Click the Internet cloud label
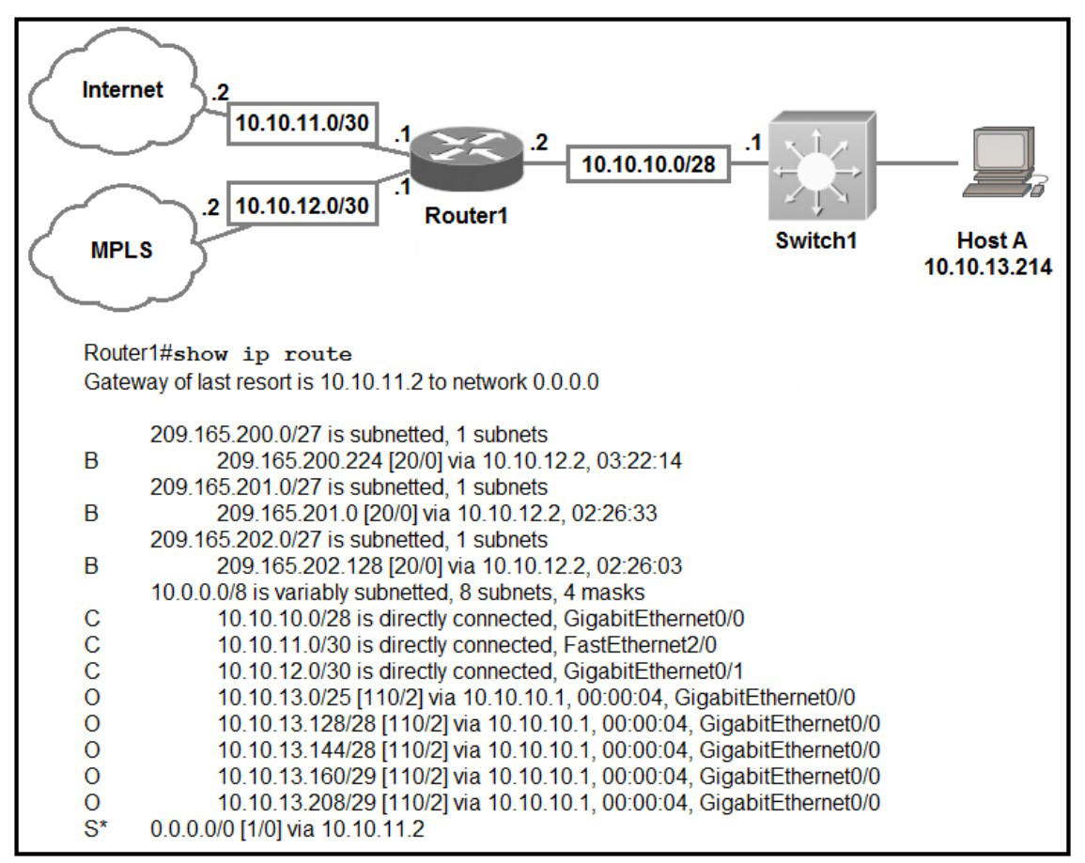click(x=122, y=90)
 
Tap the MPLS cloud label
click(x=122, y=250)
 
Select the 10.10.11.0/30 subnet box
click(x=302, y=123)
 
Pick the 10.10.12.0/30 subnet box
click(x=302, y=206)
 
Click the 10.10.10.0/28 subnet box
click(x=648, y=164)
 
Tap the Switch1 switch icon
click(x=821, y=166)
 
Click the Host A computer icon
click(x=1002, y=162)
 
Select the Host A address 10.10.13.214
click(x=988, y=267)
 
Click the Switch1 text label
click(x=816, y=240)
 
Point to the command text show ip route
click(x=262, y=355)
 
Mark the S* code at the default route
click(x=96, y=828)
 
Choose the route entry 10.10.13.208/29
click(x=297, y=802)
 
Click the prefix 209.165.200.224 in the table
click(x=300, y=460)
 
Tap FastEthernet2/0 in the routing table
click(x=640, y=644)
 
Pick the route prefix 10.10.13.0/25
click(x=285, y=697)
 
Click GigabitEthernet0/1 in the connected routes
click(x=654, y=670)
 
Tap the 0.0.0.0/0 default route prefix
click(x=193, y=828)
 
